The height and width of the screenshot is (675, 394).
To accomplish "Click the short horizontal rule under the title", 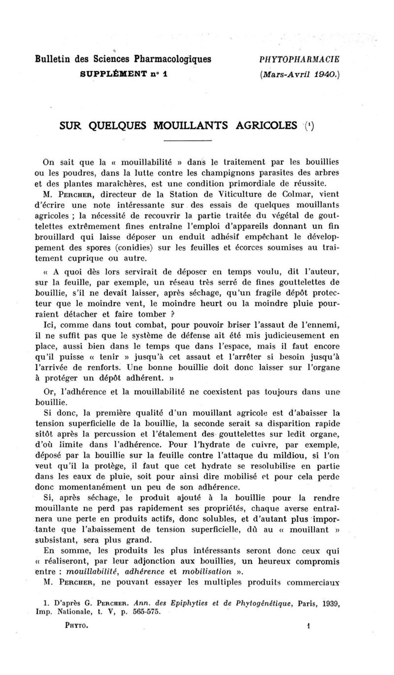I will (x=187, y=141).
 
